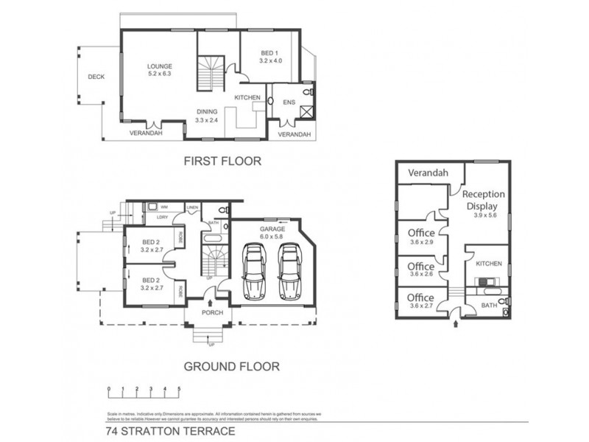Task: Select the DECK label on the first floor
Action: (95, 76)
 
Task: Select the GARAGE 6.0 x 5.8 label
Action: (272, 232)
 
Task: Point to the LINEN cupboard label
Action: (194, 207)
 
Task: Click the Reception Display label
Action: (483, 200)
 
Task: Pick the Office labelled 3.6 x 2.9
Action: (421, 236)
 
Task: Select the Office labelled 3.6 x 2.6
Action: (421, 270)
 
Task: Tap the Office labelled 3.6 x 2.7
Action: (421, 302)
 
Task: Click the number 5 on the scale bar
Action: (178, 388)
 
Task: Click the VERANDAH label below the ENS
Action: (294, 134)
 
